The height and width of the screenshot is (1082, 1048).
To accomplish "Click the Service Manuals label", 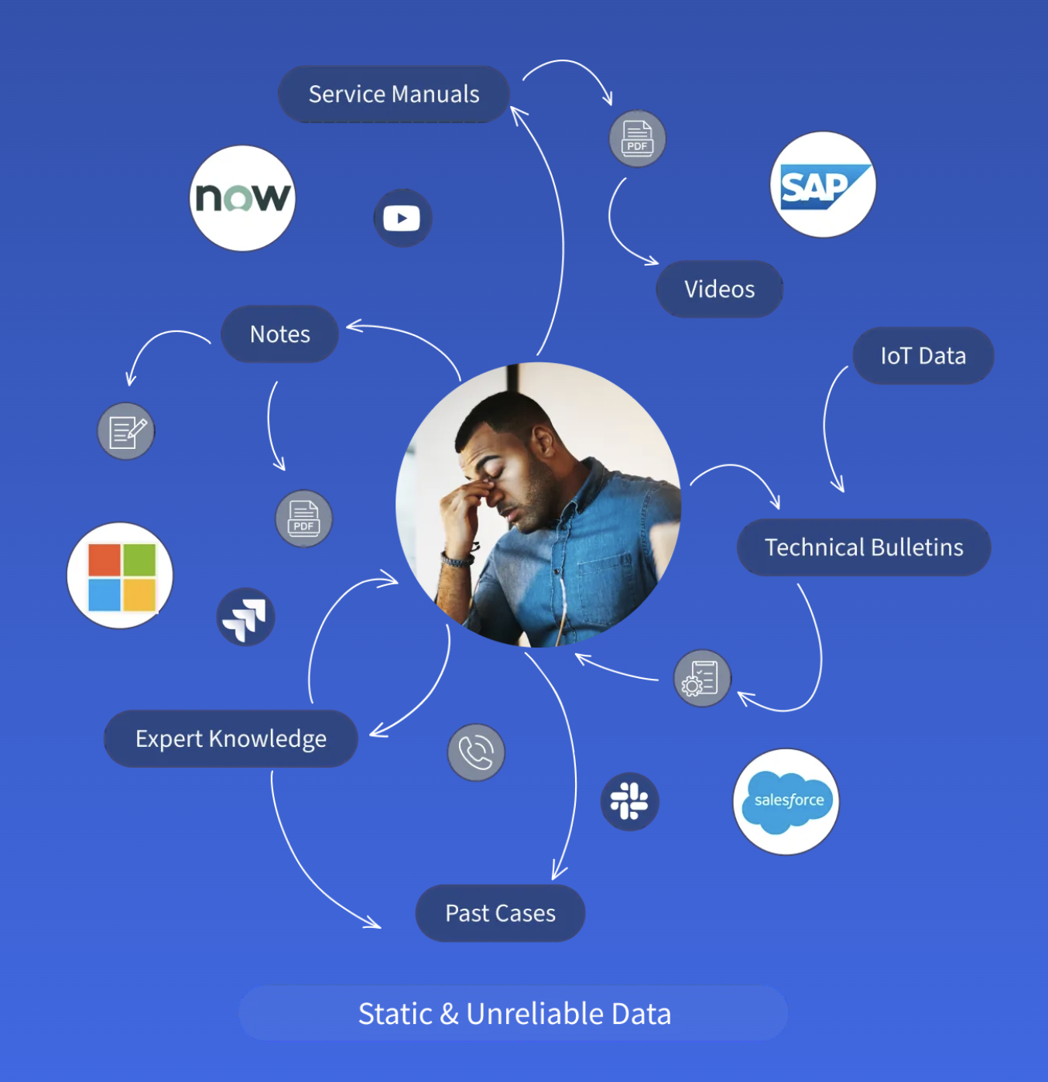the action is pyautogui.click(x=393, y=94).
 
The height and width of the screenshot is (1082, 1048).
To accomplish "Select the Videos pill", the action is pyautogui.click(x=719, y=289).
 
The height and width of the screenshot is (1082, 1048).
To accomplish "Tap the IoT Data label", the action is pyautogui.click(x=923, y=356).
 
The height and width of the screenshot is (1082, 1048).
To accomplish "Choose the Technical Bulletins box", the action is pyautogui.click(x=864, y=547).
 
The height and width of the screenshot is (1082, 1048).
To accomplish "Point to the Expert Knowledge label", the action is pyautogui.click(x=231, y=738).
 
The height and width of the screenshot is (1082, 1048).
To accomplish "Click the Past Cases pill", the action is pyautogui.click(x=500, y=913).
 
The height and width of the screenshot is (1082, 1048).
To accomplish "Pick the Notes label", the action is pyautogui.click(x=279, y=334).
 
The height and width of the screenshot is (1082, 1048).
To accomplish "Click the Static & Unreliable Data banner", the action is pyautogui.click(x=514, y=1013).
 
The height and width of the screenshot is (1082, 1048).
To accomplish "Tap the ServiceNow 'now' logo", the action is pyautogui.click(x=242, y=198).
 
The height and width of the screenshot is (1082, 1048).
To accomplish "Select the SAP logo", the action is pyautogui.click(x=823, y=185).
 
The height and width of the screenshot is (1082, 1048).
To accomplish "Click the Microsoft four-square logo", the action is pyautogui.click(x=121, y=576).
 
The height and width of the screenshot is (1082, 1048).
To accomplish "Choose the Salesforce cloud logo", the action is pyautogui.click(x=786, y=802).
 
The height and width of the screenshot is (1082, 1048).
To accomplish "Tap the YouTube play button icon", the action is pyautogui.click(x=402, y=218).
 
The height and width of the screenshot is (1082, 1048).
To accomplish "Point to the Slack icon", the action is pyautogui.click(x=629, y=801).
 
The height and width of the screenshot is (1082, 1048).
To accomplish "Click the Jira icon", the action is pyautogui.click(x=245, y=617).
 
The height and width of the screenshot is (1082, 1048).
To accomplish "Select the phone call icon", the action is pyautogui.click(x=476, y=752).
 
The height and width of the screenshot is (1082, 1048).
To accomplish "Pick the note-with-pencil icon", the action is pyautogui.click(x=126, y=431).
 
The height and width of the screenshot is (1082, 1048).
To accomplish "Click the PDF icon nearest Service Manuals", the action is pyautogui.click(x=637, y=139).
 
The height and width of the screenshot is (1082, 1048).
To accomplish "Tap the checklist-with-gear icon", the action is pyautogui.click(x=701, y=678).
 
